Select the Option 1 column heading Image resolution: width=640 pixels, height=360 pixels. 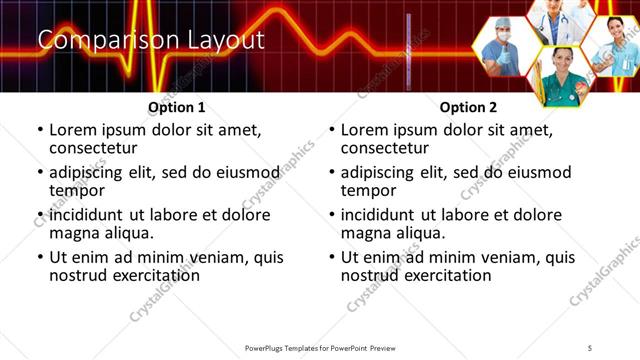click(176, 107)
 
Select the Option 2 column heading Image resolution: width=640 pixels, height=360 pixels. click(468, 107)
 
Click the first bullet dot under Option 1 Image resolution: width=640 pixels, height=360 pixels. click(40, 130)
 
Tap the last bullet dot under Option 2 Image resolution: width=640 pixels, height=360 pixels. click(332, 257)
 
